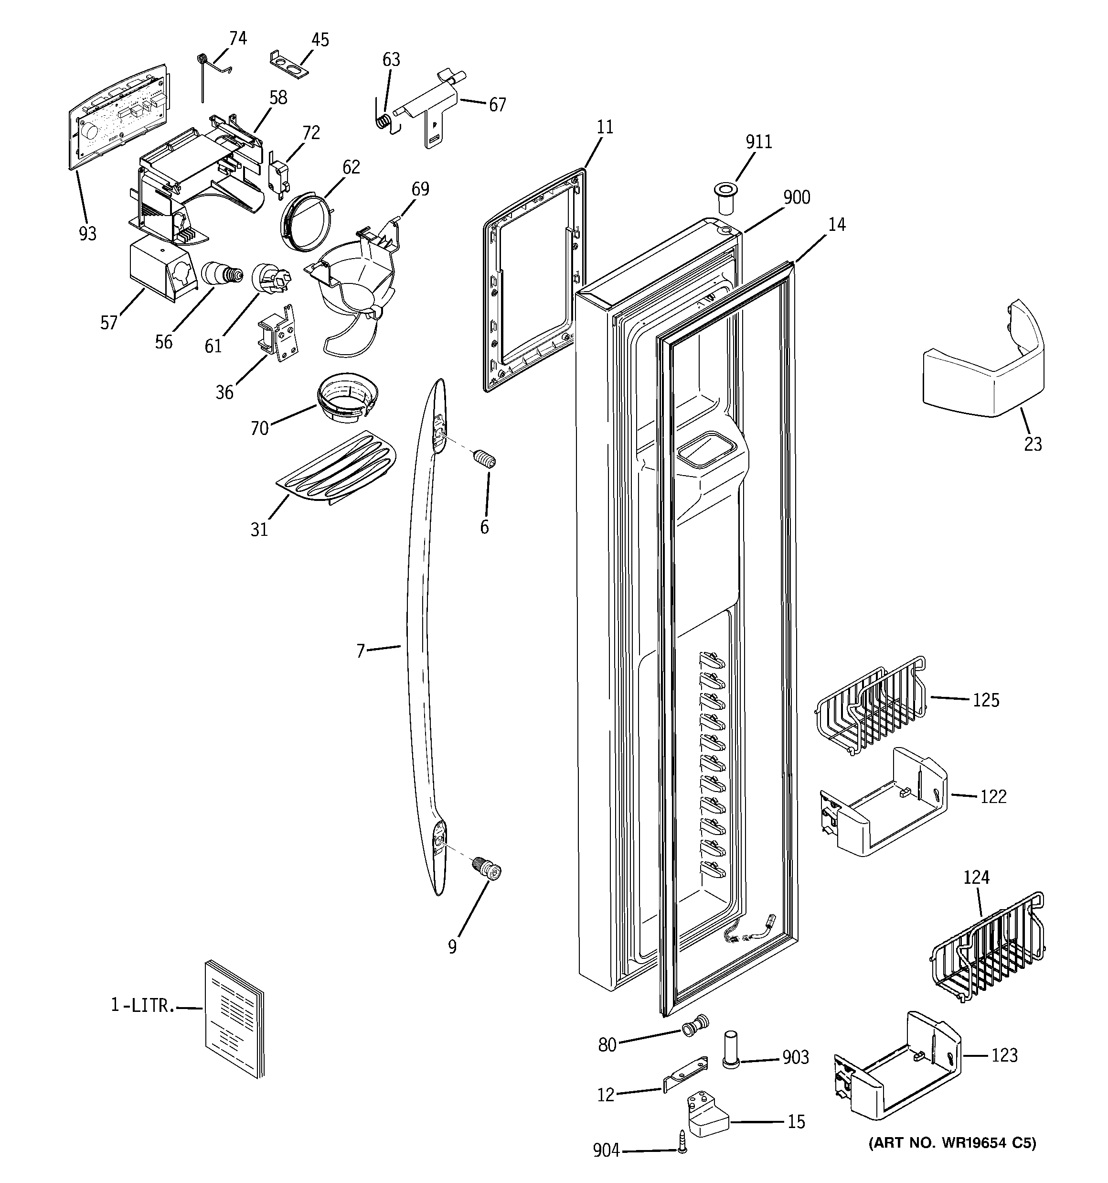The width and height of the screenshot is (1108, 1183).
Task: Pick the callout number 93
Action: coord(87,234)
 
